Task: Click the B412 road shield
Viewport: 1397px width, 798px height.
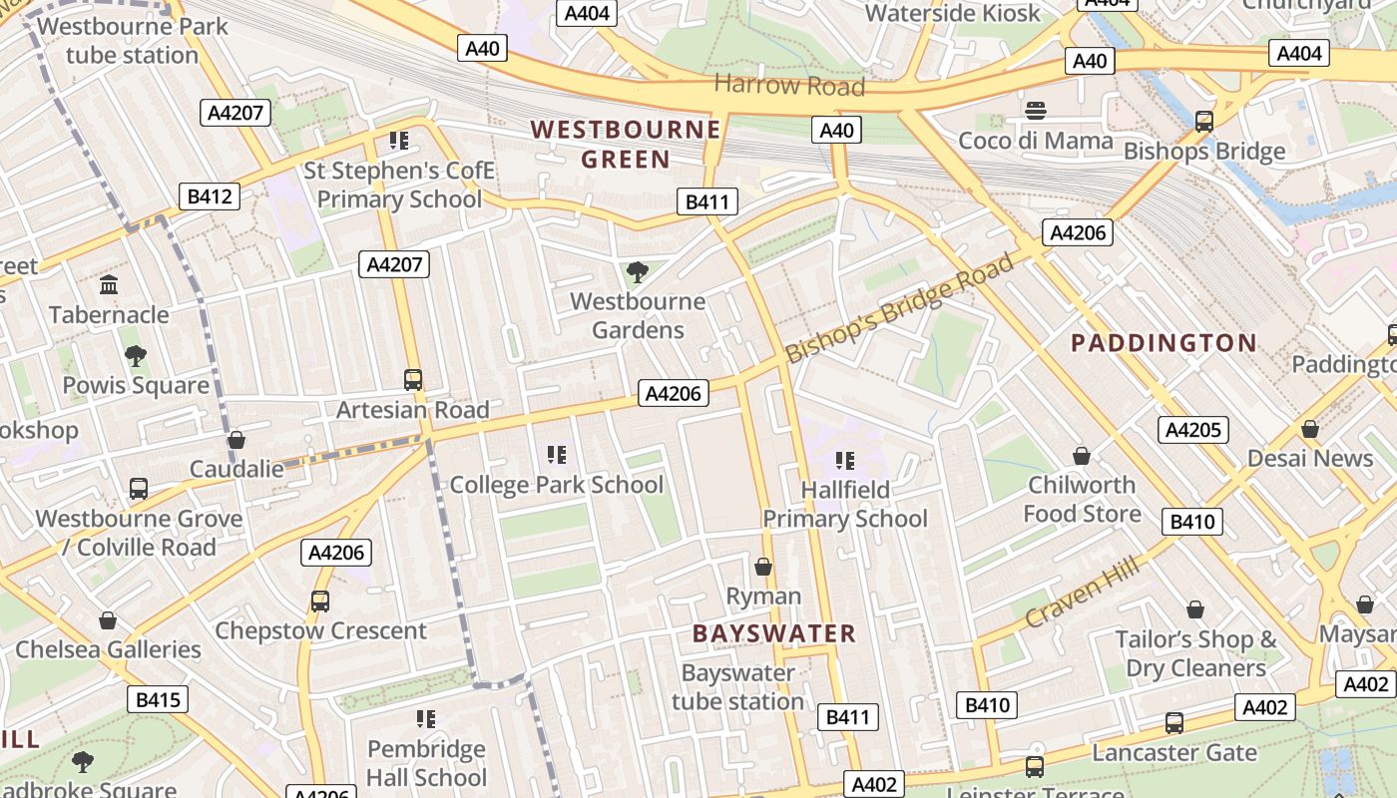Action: click(210, 197)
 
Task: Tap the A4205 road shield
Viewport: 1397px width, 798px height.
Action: click(1193, 430)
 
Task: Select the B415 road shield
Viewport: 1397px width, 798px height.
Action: click(157, 699)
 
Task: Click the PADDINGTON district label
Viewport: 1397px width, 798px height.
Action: click(1164, 343)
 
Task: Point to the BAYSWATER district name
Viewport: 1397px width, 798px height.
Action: click(774, 633)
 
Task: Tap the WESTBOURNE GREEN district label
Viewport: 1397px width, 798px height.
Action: click(626, 145)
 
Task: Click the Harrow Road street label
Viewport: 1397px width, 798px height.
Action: click(789, 85)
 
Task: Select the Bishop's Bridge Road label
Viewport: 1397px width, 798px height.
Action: click(899, 308)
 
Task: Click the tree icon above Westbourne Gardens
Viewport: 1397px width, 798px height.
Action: click(637, 271)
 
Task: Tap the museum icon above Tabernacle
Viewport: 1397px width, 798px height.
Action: click(109, 285)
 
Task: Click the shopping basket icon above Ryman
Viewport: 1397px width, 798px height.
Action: click(763, 567)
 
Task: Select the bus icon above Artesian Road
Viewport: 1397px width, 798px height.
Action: click(413, 380)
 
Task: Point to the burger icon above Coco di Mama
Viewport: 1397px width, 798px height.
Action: click(1036, 111)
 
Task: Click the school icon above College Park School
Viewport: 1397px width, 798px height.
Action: click(557, 456)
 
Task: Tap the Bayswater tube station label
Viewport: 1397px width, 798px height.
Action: click(737, 687)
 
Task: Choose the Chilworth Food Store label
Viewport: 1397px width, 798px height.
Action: click(1082, 500)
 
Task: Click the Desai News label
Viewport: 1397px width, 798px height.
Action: click(1310, 459)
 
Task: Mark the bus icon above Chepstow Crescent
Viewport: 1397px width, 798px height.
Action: click(320, 601)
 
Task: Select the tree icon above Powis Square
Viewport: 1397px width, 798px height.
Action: click(136, 356)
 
